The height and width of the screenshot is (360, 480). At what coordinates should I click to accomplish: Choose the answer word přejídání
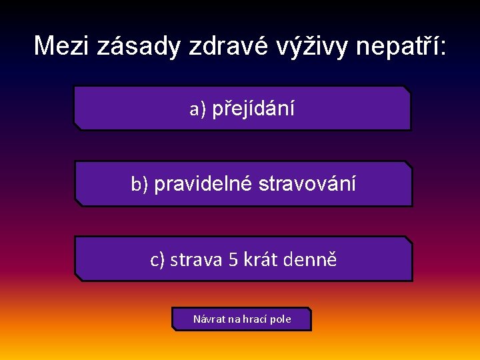[x=253, y=109]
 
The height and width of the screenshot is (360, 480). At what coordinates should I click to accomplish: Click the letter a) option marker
[x=198, y=109]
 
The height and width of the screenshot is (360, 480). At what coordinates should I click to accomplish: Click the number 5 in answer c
[x=233, y=259]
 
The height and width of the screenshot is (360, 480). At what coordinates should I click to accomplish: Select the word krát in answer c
[x=261, y=259]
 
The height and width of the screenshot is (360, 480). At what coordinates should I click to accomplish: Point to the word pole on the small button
[x=281, y=319]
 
